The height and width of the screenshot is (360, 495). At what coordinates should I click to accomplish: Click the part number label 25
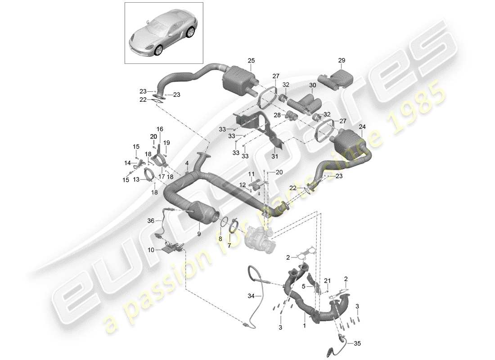point(251,60)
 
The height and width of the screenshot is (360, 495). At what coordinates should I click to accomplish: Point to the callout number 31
point(275,156)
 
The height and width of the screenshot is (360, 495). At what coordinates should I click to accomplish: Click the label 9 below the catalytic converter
point(198,234)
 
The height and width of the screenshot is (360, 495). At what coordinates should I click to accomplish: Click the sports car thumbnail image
point(163,34)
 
